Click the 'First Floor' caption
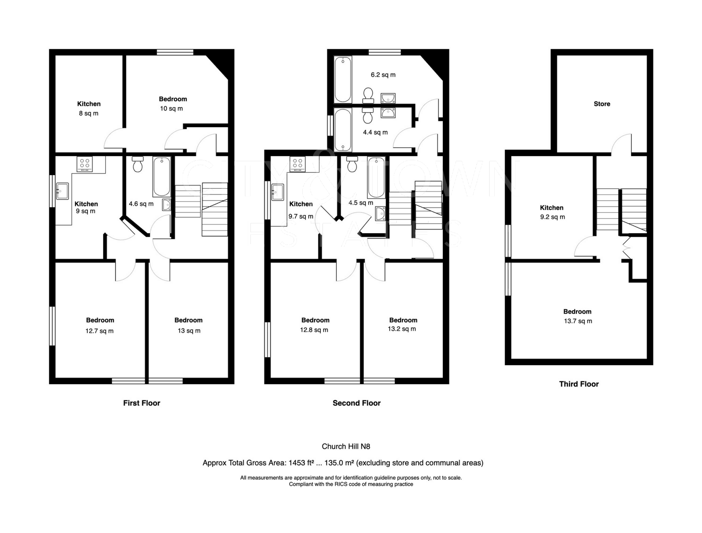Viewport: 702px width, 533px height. pos(141,403)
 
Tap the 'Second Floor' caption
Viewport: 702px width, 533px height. pos(356,403)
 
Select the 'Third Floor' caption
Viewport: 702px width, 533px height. pos(579,384)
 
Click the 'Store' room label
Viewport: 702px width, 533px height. pos(602,104)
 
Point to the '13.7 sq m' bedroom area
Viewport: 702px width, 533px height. pos(578,321)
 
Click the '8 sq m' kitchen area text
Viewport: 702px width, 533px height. pos(89,113)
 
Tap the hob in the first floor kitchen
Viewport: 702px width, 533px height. pos(84,164)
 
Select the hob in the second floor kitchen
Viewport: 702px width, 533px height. pos(297,164)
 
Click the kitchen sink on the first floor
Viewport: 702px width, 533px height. pos(62,191)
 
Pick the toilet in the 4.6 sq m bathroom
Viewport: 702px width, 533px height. pos(137,164)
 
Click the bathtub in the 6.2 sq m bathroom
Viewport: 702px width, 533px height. pos(343,79)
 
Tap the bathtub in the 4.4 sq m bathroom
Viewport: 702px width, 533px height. pos(343,129)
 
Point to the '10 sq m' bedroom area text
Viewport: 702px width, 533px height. pos(171,109)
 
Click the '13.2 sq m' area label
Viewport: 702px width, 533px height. pos(402,329)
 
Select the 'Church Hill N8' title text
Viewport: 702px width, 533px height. pos(346,446)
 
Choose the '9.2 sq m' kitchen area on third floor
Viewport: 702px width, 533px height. pos(552,217)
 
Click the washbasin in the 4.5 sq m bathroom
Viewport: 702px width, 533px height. pos(381,213)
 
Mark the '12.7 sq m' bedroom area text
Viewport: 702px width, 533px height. pos(99,331)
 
